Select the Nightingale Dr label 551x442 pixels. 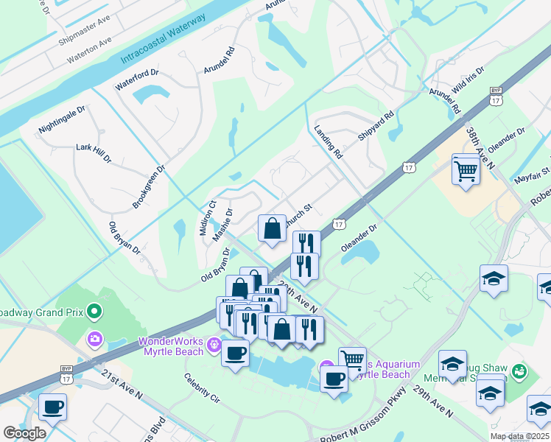[x=62, y=119]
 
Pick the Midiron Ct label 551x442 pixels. [x=206, y=218]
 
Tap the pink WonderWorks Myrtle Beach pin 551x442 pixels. [x=214, y=343]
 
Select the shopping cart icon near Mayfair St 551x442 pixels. [x=466, y=170]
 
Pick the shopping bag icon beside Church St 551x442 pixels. [x=272, y=228]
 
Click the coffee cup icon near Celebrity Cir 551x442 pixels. [x=235, y=354]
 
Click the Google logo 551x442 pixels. [x=24, y=432]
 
